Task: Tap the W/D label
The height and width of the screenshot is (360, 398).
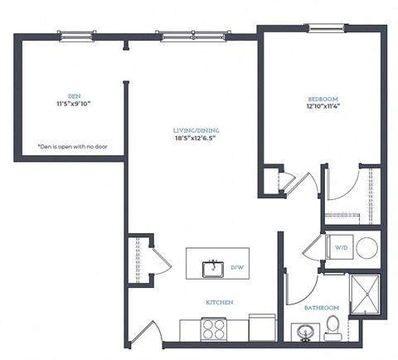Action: click(x=342, y=246)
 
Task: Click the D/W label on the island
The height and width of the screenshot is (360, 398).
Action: click(x=236, y=267)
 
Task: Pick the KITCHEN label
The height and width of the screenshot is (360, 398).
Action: click(x=219, y=303)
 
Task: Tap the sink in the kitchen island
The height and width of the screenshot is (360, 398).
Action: click(x=214, y=267)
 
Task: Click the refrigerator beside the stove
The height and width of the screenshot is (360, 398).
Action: click(x=261, y=327)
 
